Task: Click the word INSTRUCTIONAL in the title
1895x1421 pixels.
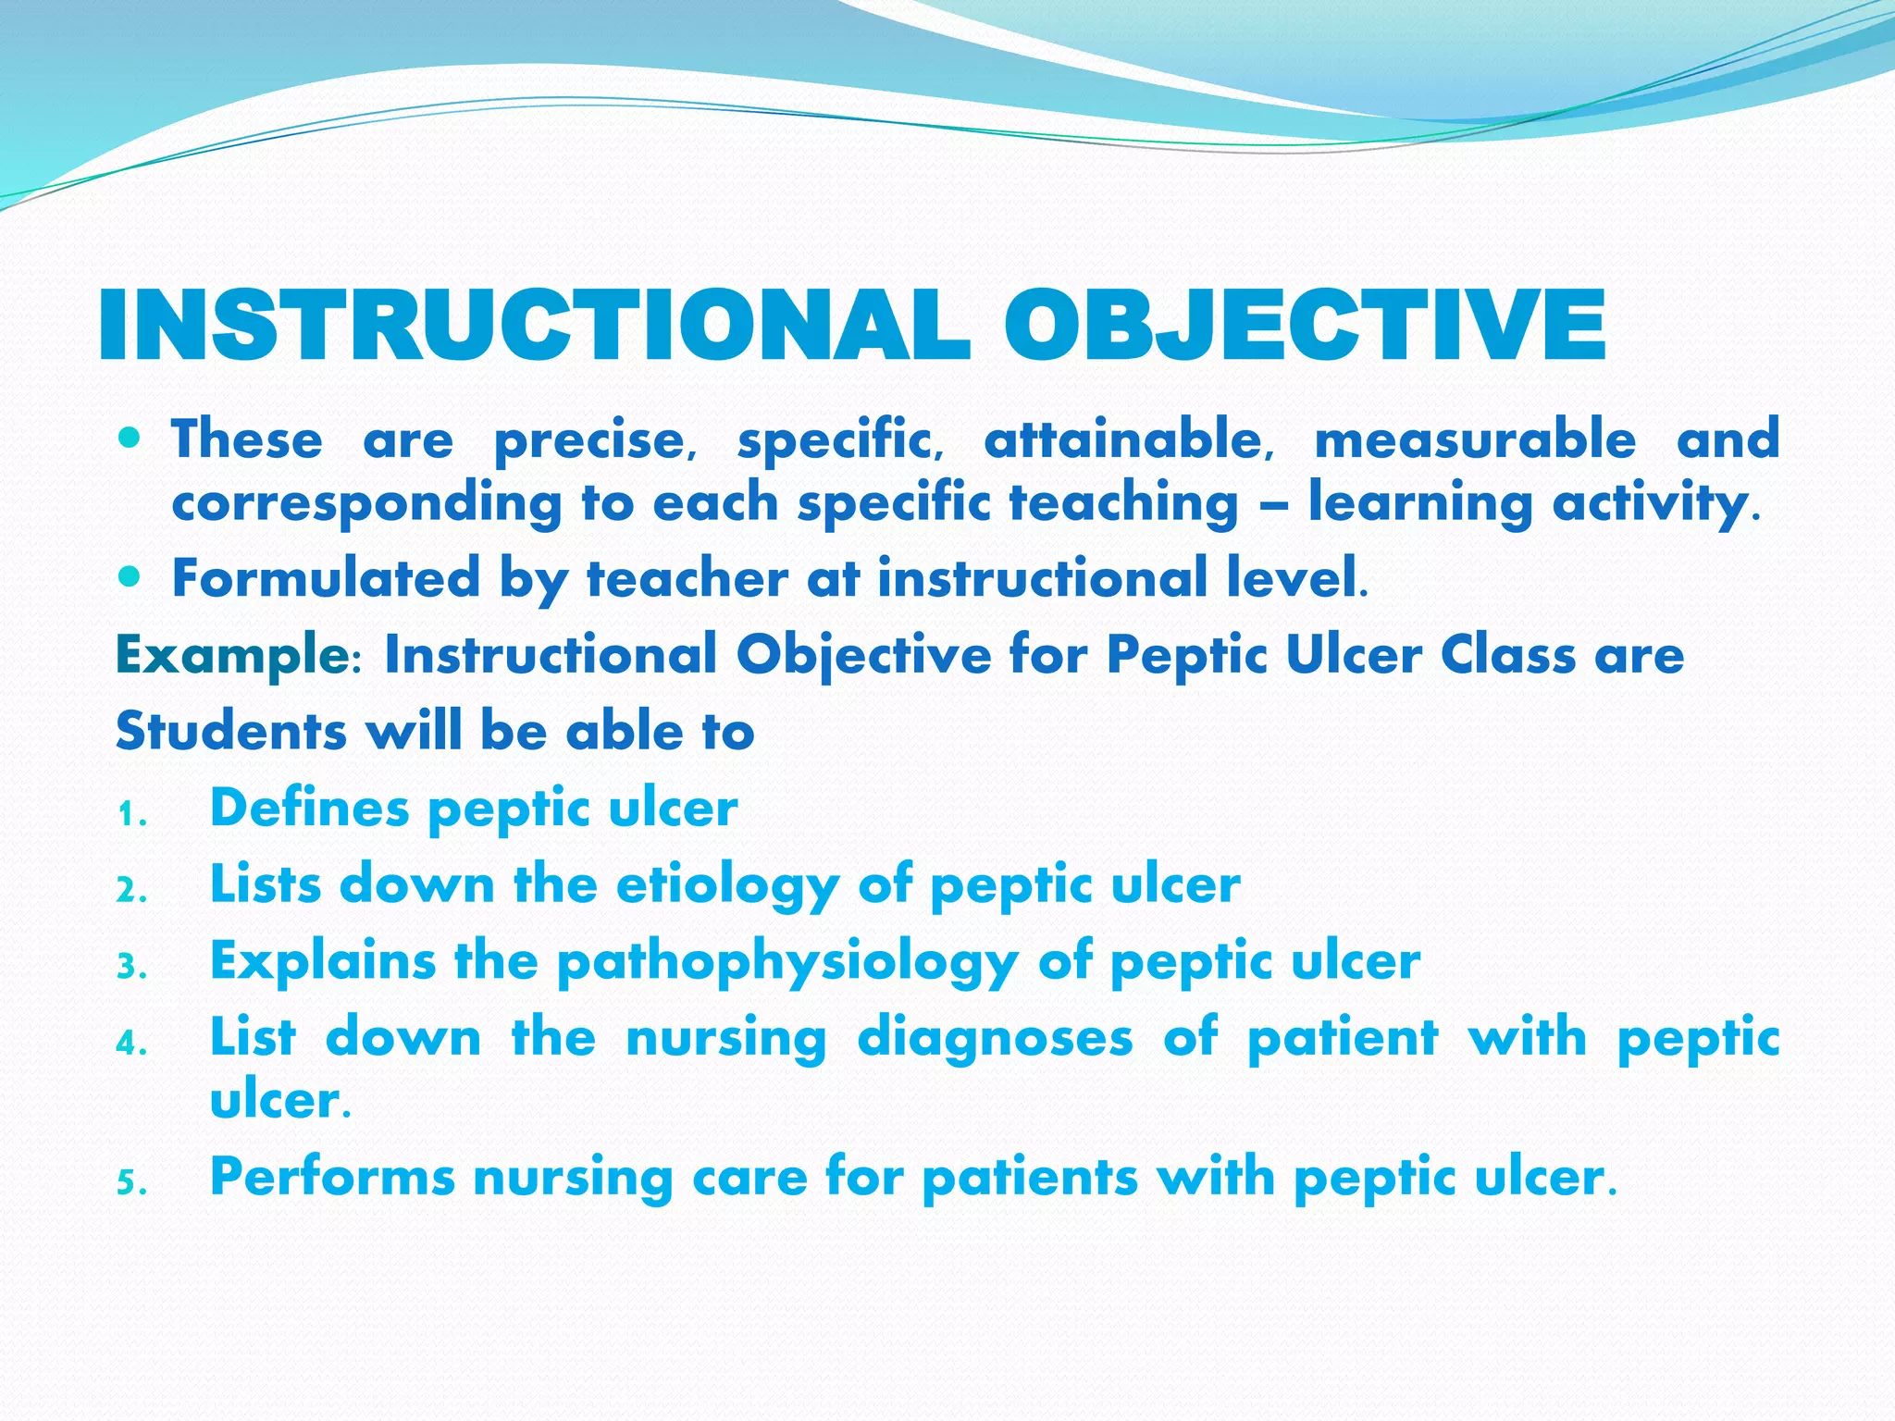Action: click(534, 326)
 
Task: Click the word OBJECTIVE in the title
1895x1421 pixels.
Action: click(1305, 326)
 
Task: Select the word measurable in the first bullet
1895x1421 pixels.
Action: click(1475, 439)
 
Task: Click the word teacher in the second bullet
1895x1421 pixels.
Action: click(687, 578)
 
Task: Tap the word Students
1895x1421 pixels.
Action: click(231, 731)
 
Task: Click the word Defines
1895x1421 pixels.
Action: click(309, 808)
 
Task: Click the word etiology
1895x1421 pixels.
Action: click(726, 885)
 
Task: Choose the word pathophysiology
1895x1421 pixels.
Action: click(787, 962)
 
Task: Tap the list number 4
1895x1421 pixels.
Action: click(130, 1044)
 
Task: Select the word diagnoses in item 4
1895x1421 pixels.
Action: click(995, 1037)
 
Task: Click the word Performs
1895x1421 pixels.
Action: click(332, 1177)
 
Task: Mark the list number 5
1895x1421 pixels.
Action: click(130, 1184)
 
